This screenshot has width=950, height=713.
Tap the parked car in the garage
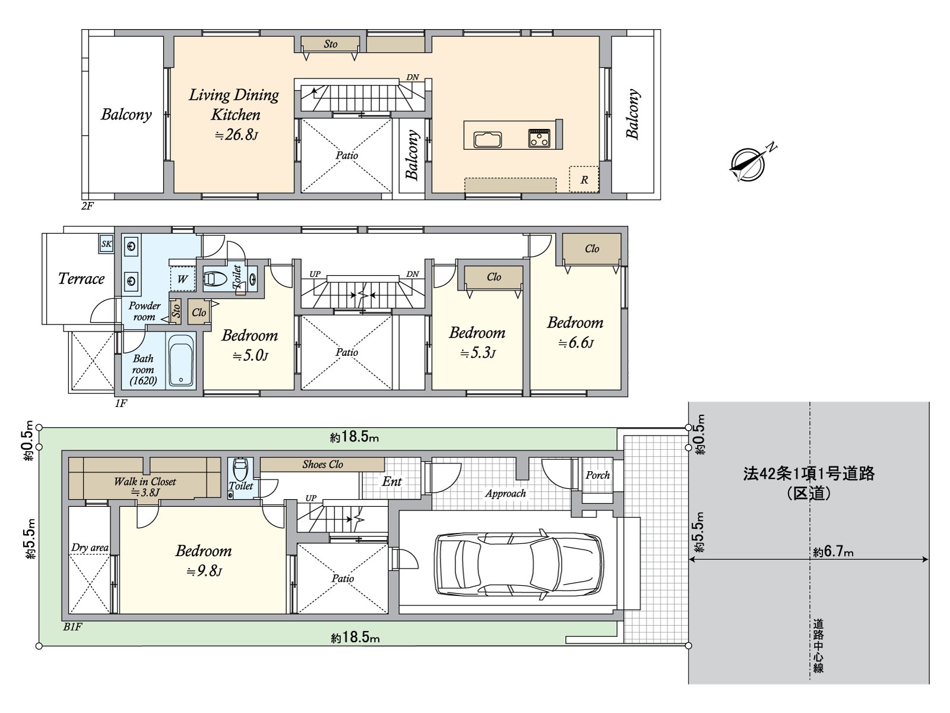[x=518, y=562]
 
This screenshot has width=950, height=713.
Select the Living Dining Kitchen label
[x=234, y=105]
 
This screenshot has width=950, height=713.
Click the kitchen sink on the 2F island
[x=487, y=140]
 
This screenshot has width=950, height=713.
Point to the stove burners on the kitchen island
[x=539, y=138]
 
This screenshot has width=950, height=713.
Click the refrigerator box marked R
[x=584, y=179]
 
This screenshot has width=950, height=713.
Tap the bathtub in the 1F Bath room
[x=182, y=361]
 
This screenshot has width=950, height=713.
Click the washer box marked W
[x=182, y=279]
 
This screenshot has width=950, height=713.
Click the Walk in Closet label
[x=145, y=481]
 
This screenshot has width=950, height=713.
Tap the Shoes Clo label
[x=322, y=465]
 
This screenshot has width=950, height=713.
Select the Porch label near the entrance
[x=597, y=475]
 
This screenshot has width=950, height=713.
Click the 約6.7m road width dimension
[x=833, y=552]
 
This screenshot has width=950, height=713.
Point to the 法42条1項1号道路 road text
[x=809, y=474]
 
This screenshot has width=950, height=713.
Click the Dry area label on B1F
[x=90, y=548]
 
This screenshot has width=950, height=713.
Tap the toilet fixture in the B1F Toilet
[x=240, y=469]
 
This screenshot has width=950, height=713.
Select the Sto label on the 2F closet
[x=331, y=44]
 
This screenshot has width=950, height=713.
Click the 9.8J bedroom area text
[x=204, y=572]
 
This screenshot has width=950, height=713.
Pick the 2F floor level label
[x=88, y=206]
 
